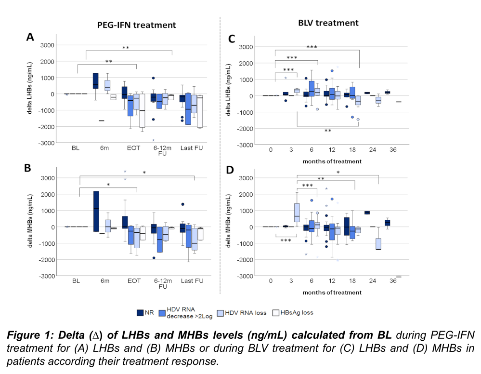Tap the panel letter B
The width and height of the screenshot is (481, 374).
(28, 168)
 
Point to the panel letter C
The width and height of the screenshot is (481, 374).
(231, 40)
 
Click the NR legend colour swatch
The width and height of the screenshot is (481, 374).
(141, 312)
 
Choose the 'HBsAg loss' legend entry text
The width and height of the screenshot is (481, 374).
(297, 312)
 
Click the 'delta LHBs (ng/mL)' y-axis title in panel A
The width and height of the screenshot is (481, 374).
(30, 89)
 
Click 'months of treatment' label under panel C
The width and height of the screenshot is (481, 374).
(332, 161)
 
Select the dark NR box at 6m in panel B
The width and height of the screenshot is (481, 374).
(96, 211)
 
